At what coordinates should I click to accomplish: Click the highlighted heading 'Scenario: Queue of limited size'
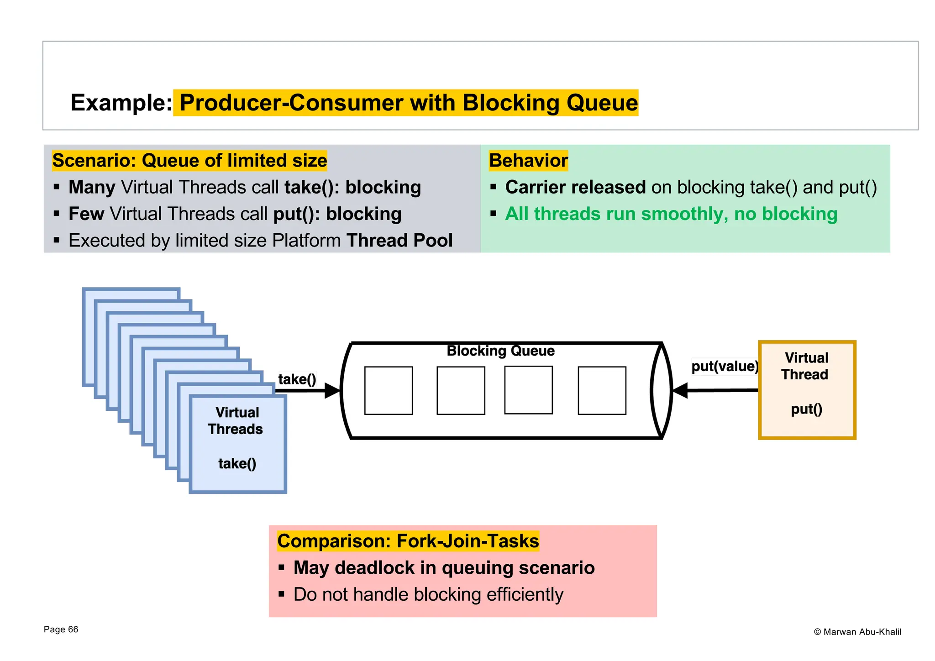[x=189, y=161]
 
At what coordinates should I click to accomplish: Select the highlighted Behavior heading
[x=528, y=161]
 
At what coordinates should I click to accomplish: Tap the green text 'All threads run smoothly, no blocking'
[x=671, y=214]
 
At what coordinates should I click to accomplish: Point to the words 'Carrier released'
[x=575, y=187]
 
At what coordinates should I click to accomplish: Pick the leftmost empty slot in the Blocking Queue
[x=389, y=390]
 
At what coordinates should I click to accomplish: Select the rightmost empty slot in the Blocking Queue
[x=602, y=390]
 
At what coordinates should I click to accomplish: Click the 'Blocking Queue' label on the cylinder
[x=500, y=351]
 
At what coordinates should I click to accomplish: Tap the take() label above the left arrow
[x=297, y=379]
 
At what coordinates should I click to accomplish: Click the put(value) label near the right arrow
[x=725, y=366]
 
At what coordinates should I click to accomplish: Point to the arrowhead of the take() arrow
[x=333, y=391]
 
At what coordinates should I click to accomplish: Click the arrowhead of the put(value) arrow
[x=681, y=391]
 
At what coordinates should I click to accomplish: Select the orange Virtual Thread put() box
[x=807, y=390]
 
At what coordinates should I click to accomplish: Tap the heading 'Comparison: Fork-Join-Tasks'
[x=408, y=541]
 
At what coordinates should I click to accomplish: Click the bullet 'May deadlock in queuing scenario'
[x=444, y=568]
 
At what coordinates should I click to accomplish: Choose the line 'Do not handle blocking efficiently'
[x=428, y=594]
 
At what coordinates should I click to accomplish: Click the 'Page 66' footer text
[x=61, y=630]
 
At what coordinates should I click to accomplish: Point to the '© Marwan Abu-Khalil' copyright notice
[x=857, y=632]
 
